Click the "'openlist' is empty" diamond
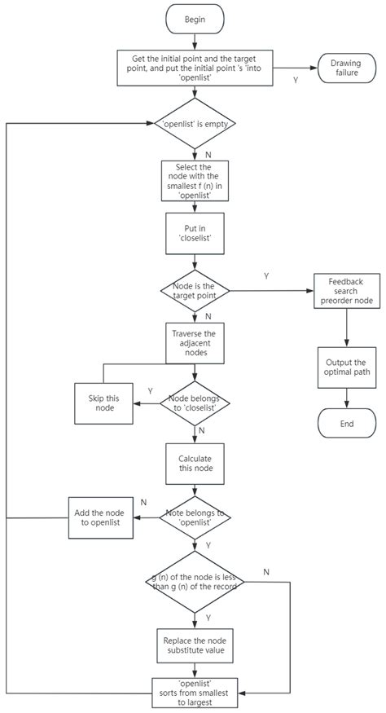(x=194, y=125)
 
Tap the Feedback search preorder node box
(x=348, y=290)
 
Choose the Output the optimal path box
(x=348, y=367)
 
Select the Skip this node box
(x=103, y=403)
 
